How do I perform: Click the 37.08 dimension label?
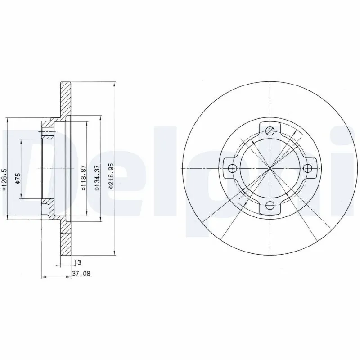81,273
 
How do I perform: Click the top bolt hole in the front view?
270,131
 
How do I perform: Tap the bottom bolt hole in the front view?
270,206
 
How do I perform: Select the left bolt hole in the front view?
232,169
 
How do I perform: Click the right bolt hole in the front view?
307,168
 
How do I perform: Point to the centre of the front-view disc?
270,169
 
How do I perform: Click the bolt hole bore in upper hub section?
47,132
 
